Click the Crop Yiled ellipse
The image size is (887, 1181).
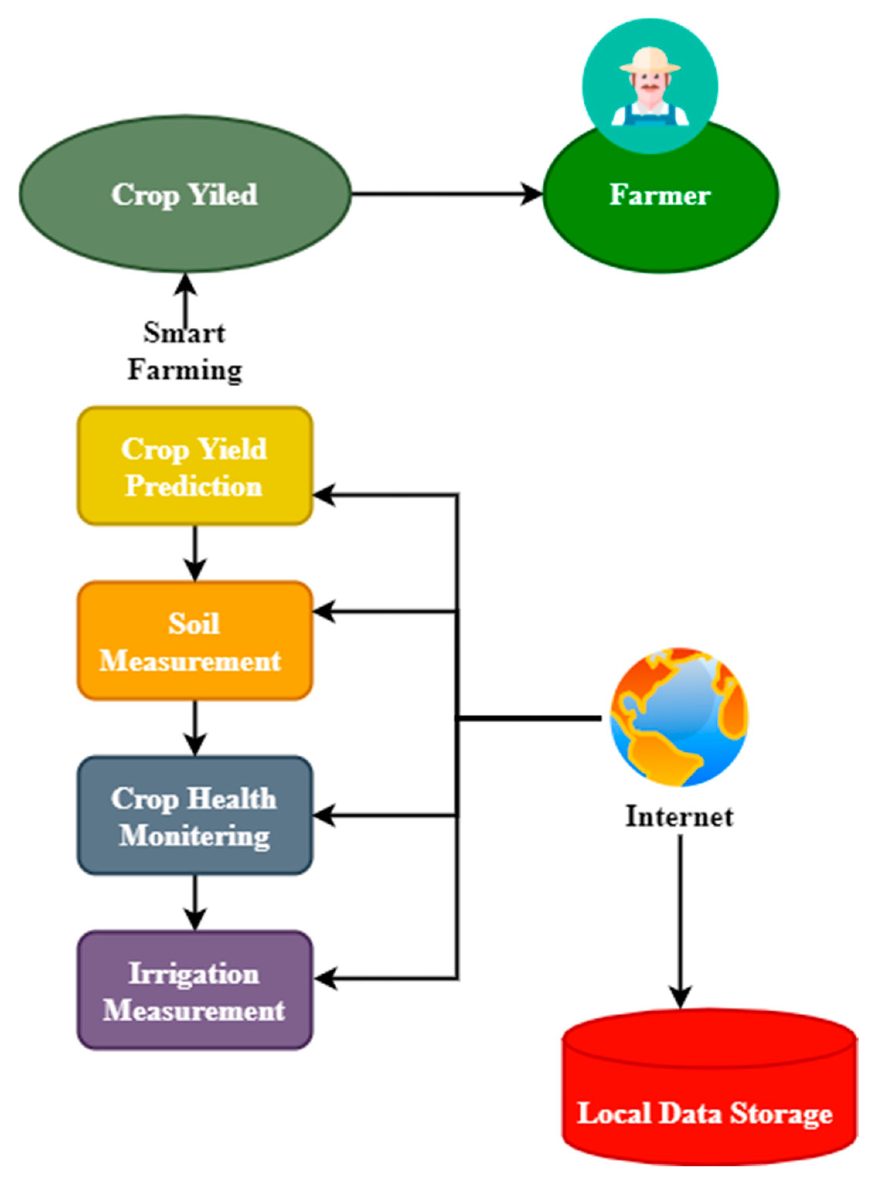coord(185,194)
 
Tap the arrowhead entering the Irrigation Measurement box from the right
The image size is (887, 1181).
coord(325,978)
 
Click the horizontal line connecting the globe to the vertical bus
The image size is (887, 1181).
coord(529,719)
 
